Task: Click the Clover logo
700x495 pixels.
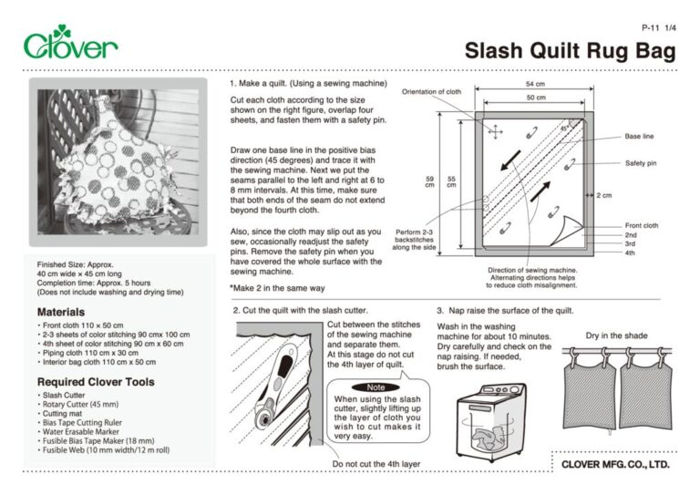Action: click(70, 44)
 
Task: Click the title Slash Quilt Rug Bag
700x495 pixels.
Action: click(571, 51)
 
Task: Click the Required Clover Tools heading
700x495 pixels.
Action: click(96, 381)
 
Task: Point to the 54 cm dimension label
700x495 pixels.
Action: click(535, 84)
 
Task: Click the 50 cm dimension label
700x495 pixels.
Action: click(535, 97)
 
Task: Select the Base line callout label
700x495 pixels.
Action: click(639, 137)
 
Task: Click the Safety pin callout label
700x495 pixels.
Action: click(641, 163)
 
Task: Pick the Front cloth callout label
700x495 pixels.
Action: click(642, 225)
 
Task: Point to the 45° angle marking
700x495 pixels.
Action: click(564, 129)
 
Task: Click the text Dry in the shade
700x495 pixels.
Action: click(616, 335)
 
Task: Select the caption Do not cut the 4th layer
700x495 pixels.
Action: click(376, 464)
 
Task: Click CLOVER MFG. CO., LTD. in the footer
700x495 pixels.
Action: click(615, 464)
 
